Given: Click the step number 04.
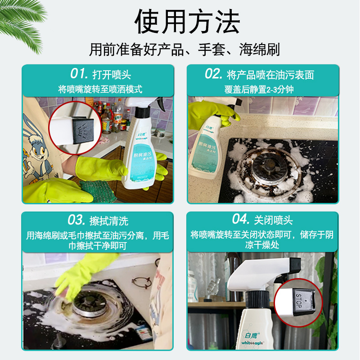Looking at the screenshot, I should click(x=241, y=220).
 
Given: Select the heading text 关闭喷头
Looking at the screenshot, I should click(x=274, y=220).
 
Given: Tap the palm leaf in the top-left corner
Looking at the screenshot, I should click(x=22, y=18).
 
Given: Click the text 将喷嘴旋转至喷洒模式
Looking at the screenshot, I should click(x=100, y=89).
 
